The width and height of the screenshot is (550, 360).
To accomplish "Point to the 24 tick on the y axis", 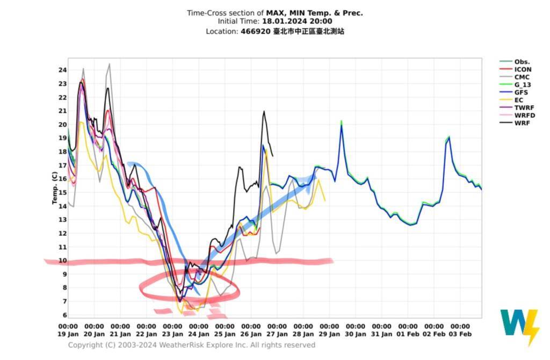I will (x=62, y=70).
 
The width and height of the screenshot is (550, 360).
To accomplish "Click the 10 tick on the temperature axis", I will (x=62, y=261).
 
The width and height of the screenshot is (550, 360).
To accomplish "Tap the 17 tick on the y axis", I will (x=62, y=165).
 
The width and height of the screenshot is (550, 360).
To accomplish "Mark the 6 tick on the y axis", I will (x=64, y=315).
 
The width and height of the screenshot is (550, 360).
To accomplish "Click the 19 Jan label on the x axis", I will (x=68, y=334).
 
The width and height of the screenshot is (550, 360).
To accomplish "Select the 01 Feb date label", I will (x=407, y=334).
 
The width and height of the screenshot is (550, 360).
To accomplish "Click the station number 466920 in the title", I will (x=252, y=31).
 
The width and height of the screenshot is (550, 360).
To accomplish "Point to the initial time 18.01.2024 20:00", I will (x=296, y=21).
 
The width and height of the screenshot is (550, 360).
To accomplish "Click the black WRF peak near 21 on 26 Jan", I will (x=264, y=112).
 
